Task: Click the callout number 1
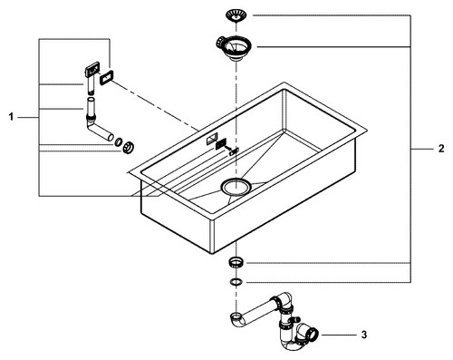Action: (x=11, y=117)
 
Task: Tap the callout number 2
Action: (x=441, y=149)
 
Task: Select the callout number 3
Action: (x=364, y=335)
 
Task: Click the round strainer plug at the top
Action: (x=236, y=15)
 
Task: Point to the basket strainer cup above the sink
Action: (x=235, y=47)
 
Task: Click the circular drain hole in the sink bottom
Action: (x=236, y=187)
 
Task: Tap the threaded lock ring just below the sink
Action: (x=236, y=262)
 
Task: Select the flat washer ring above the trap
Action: (x=236, y=282)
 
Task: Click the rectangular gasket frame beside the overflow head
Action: (x=106, y=78)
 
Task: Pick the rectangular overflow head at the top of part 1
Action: (x=92, y=70)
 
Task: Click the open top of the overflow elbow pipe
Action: (x=92, y=99)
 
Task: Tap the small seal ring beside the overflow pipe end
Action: (x=119, y=141)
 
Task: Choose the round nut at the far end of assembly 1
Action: (x=129, y=148)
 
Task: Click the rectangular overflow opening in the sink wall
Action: (x=212, y=139)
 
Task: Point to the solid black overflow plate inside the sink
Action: (x=221, y=142)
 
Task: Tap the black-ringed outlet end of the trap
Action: (x=313, y=334)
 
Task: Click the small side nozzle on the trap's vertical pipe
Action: (x=296, y=319)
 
